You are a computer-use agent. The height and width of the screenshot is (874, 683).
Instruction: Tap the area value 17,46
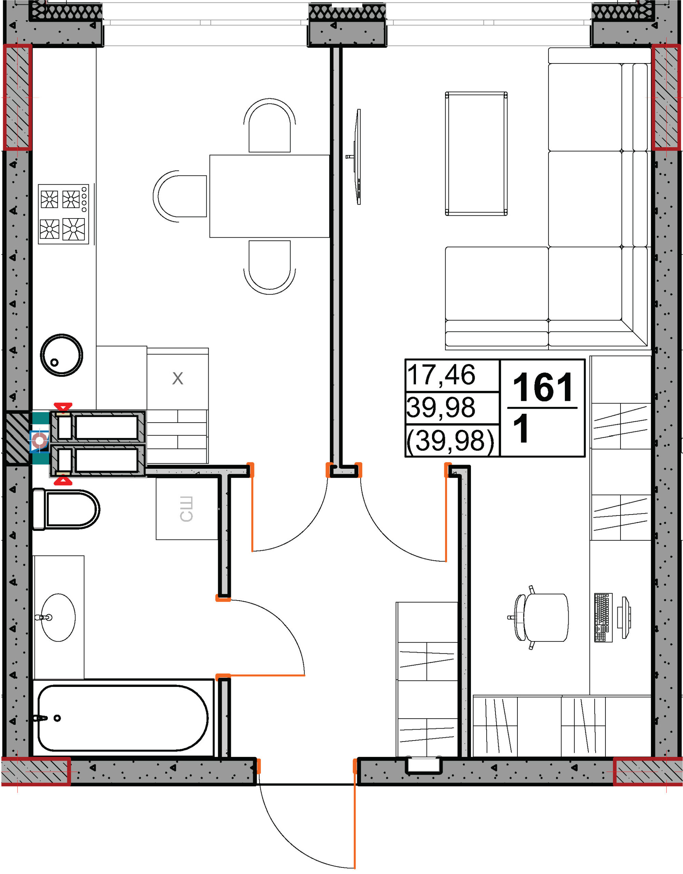coord(441,375)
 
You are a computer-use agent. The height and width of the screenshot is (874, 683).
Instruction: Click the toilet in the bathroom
coord(66,509)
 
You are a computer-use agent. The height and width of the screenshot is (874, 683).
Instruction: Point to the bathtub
coord(123,718)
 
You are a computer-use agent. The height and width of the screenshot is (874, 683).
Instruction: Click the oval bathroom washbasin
coord(58,618)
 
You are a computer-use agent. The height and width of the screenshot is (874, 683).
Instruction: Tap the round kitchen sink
coord(62,355)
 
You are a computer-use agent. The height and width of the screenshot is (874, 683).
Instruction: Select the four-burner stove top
coord(63,214)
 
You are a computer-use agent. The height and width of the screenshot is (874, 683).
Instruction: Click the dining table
coord(269,196)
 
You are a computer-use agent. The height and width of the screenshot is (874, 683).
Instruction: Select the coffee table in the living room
coord(476,154)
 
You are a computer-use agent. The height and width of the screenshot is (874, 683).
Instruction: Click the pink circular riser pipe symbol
coord(40,441)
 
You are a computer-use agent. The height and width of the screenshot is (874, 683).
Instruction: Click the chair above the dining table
coord(269,125)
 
